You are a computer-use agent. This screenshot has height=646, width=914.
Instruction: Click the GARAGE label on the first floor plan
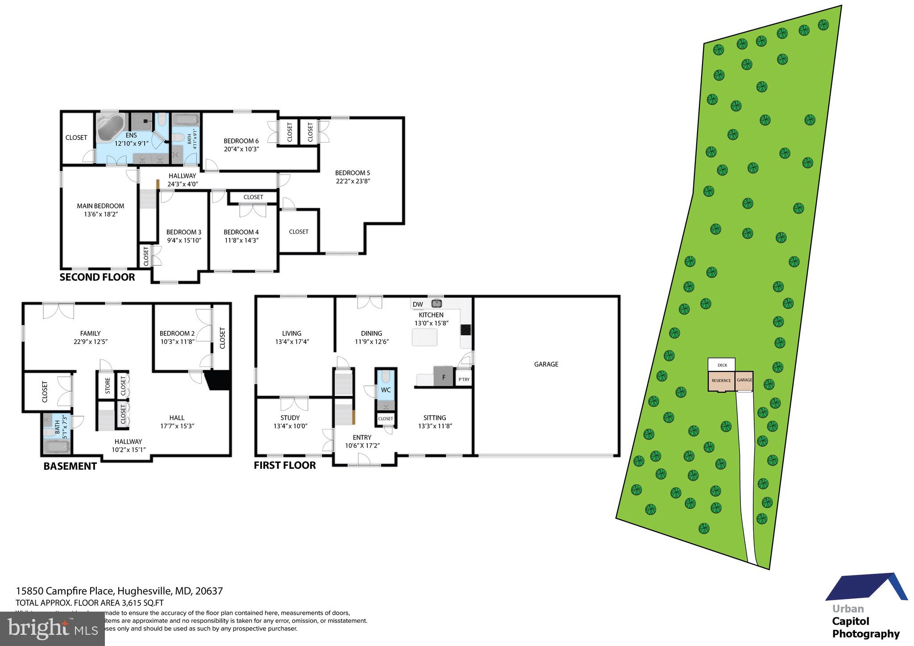(x=546, y=364)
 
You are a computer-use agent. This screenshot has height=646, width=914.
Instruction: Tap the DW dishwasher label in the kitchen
(x=418, y=304)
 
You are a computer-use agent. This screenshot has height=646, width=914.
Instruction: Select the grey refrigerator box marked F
(x=444, y=376)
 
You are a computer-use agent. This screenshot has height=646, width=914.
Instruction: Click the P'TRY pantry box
(x=464, y=379)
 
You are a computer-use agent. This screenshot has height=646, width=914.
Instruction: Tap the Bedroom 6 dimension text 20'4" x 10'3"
(x=241, y=149)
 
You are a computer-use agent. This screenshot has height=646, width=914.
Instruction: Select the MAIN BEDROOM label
(x=100, y=206)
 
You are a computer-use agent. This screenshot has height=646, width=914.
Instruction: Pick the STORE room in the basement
(x=108, y=386)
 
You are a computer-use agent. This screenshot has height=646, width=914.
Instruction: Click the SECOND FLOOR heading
(x=97, y=277)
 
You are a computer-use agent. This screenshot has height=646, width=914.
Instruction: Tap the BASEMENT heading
(x=70, y=466)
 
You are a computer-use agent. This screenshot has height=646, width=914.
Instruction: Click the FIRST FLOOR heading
(x=285, y=465)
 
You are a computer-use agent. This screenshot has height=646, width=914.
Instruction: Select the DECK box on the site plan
(x=722, y=365)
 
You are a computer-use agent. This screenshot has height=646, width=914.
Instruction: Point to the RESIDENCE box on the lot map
(x=721, y=381)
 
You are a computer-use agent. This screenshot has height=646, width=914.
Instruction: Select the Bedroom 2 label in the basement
(x=177, y=333)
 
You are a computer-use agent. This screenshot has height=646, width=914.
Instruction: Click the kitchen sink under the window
(x=436, y=304)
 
